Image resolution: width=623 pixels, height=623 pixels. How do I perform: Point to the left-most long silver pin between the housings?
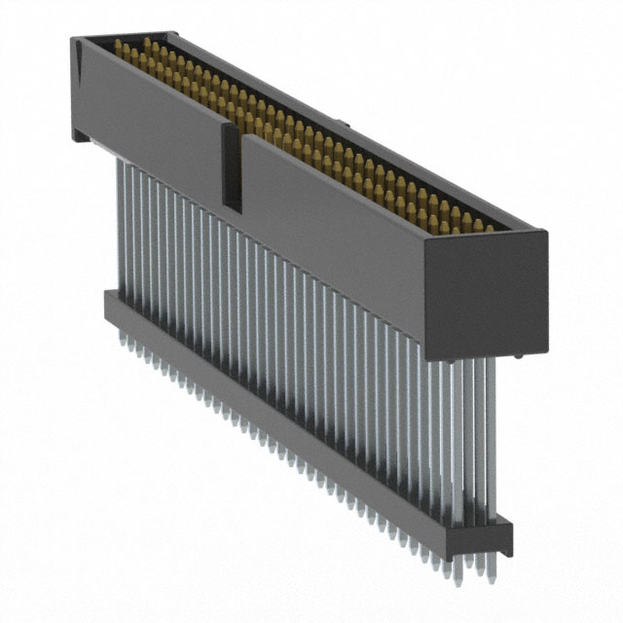121,224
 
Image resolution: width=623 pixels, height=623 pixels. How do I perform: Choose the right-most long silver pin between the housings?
490,438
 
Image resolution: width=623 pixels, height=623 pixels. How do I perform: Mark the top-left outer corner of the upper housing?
73,37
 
